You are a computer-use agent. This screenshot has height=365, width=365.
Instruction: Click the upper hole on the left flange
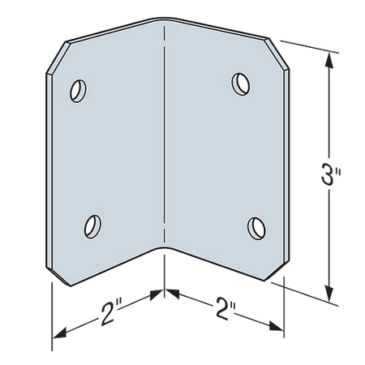[78, 91]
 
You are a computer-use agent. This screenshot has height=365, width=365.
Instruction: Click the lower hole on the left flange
[92, 226]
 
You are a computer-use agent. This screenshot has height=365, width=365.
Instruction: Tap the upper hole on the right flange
[241, 84]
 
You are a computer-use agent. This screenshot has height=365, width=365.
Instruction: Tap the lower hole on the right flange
[256, 228]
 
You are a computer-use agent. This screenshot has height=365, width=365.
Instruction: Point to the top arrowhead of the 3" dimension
[328, 60]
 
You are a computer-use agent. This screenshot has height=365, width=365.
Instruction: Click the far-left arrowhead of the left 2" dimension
[60, 333]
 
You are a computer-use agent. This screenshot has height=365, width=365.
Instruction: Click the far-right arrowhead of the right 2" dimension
[277, 327]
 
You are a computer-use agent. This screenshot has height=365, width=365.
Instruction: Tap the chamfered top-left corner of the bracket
[56, 58]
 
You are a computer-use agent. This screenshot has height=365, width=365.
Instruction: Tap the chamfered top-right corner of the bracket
[278, 54]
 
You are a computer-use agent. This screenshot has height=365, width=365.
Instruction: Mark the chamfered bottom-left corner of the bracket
[60, 277]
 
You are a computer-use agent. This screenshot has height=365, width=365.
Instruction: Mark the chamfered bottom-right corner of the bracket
[277, 271]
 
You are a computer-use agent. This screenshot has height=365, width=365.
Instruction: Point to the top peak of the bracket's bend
[164, 19]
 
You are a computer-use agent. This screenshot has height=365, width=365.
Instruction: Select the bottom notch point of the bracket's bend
[163, 247]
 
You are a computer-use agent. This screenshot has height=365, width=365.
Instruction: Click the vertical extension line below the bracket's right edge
[284, 307]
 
